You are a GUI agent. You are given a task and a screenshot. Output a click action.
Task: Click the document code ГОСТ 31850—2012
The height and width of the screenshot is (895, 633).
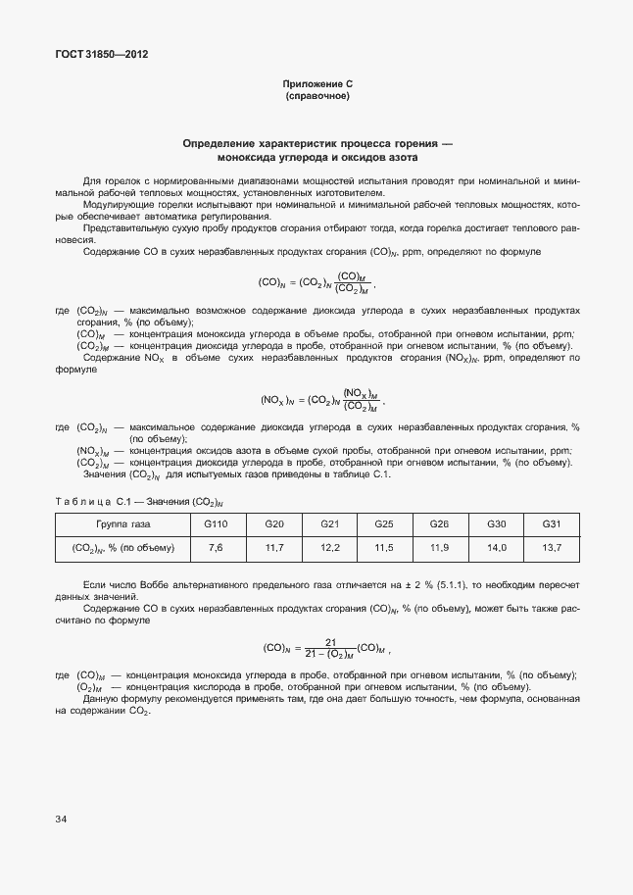101,55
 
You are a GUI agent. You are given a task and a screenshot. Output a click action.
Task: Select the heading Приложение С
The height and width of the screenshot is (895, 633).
316,85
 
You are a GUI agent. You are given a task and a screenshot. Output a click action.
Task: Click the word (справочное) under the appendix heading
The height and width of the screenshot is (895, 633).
316,97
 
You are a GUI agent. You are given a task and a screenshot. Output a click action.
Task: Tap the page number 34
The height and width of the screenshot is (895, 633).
62,817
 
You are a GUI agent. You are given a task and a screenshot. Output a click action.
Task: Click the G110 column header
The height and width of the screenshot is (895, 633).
216,524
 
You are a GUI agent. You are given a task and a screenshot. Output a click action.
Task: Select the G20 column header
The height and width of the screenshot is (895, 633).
274,524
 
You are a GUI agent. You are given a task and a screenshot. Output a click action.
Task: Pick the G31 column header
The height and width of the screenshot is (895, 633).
552,524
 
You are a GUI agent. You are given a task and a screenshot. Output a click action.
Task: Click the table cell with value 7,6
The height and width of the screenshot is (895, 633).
216,547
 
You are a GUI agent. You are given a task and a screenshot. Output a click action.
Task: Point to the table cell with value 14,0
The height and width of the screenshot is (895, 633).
497,547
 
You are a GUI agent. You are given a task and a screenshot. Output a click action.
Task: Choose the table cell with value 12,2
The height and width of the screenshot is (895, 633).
330,547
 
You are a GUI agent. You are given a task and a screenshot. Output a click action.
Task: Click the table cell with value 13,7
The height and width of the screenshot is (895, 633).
552,547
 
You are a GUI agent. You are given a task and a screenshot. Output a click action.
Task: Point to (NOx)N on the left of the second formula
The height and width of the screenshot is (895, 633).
279,400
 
